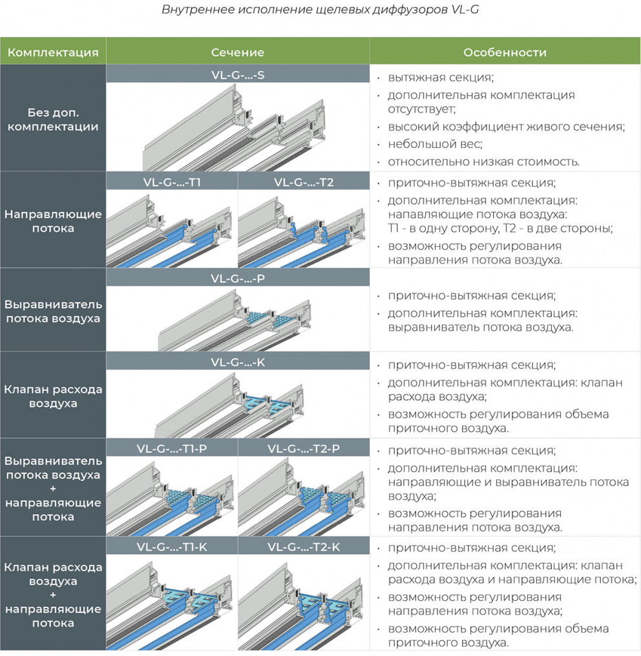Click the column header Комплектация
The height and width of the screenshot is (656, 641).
point(53,52)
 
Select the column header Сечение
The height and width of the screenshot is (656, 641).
point(238,52)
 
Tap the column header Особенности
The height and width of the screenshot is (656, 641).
point(505,52)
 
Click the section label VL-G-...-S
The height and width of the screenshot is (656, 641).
point(238,76)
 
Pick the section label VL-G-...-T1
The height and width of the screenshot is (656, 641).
point(172,182)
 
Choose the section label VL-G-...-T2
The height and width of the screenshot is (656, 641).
point(304,182)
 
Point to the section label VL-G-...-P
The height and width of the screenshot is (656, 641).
point(238,279)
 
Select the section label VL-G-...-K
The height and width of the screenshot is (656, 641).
point(238,363)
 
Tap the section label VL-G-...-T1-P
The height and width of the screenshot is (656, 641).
point(172,449)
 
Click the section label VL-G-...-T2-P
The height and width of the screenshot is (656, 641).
point(304,449)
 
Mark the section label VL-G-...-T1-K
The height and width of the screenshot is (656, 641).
point(172,547)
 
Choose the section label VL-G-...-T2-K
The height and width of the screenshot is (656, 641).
point(304,547)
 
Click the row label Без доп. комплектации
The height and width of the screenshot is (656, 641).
point(53,119)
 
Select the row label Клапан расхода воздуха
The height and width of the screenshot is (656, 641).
point(53,396)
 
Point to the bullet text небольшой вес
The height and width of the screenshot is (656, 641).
point(435,144)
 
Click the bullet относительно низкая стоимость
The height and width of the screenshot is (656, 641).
point(484,162)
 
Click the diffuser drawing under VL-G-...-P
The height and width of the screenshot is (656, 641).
point(235,321)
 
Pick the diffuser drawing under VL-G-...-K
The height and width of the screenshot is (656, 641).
point(230,405)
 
